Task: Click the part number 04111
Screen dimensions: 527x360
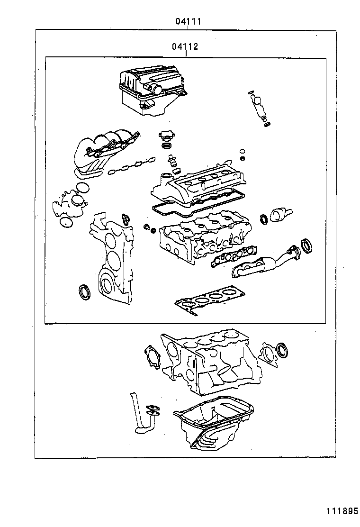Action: pyautogui.click(x=189, y=21)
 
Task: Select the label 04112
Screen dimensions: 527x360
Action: pyautogui.click(x=185, y=47)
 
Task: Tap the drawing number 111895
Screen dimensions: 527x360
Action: pyautogui.click(x=341, y=511)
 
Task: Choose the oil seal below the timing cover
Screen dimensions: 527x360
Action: pyautogui.click(x=85, y=291)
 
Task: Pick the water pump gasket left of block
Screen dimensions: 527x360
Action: pyautogui.click(x=152, y=355)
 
